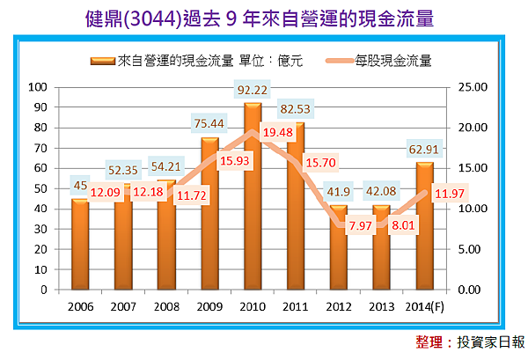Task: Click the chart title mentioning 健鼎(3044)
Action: click(263, 18)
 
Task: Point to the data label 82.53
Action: click(295, 108)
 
